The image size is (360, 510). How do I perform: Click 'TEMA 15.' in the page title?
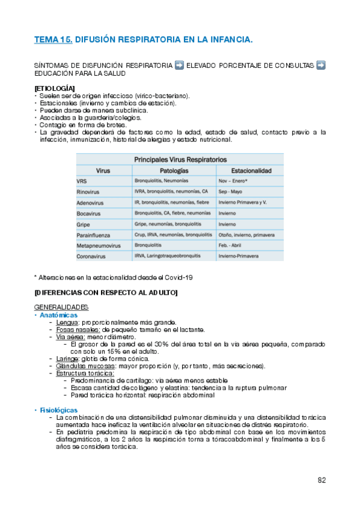point(53,40)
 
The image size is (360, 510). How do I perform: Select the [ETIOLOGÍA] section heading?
point(55,89)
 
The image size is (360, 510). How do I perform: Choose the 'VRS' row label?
point(82,181)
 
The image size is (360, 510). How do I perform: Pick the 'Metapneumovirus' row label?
point(99,245)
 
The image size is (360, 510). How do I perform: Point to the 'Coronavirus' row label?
point(92,256)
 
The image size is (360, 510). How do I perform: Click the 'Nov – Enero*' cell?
point(234,180)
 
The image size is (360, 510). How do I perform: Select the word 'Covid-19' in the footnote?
point(180,277)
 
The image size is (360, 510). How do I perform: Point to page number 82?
point(322,480)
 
